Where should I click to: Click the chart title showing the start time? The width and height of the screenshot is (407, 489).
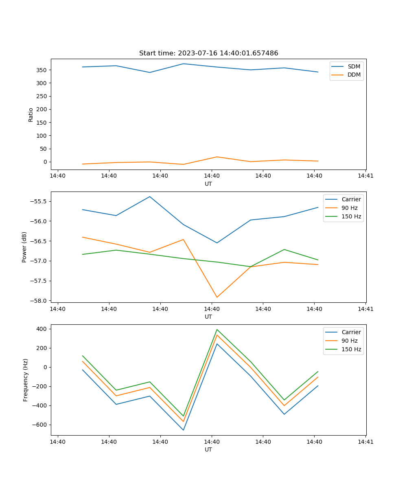(x=208, y=53)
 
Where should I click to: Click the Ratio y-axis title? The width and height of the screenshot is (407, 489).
(x=31, y=115)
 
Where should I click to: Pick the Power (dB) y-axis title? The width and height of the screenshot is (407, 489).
(x=24, y=247)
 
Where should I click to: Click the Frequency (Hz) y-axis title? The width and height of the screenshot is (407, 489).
(x=25, y=380)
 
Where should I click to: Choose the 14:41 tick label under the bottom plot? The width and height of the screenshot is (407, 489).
(x=365, y=442)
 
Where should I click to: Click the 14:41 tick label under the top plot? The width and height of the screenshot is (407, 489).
(x=365, y=176)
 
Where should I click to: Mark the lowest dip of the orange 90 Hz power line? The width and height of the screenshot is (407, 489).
(x=217, y=297)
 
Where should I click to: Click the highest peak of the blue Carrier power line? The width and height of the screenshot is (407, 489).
(x=150, y=197)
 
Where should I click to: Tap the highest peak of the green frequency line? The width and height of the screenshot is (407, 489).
(x=217, y=330)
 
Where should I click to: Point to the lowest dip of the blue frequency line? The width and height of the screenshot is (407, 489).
(x=183, y=430)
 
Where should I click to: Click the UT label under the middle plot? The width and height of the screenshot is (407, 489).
(x=208, y=317)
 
